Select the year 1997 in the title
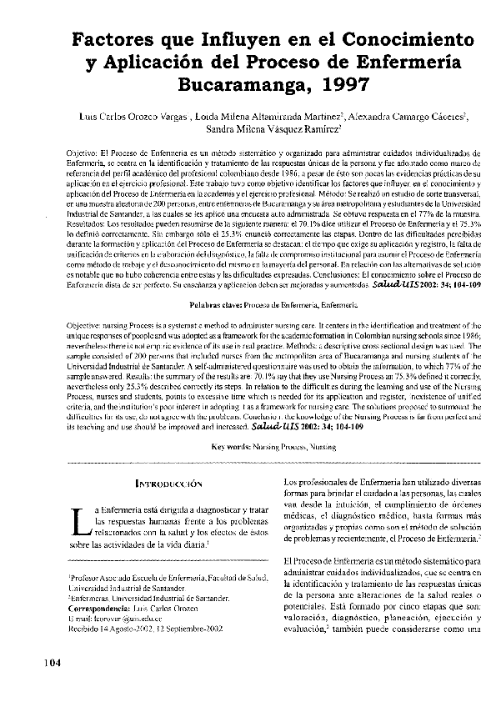333,84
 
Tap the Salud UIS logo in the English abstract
277,425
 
